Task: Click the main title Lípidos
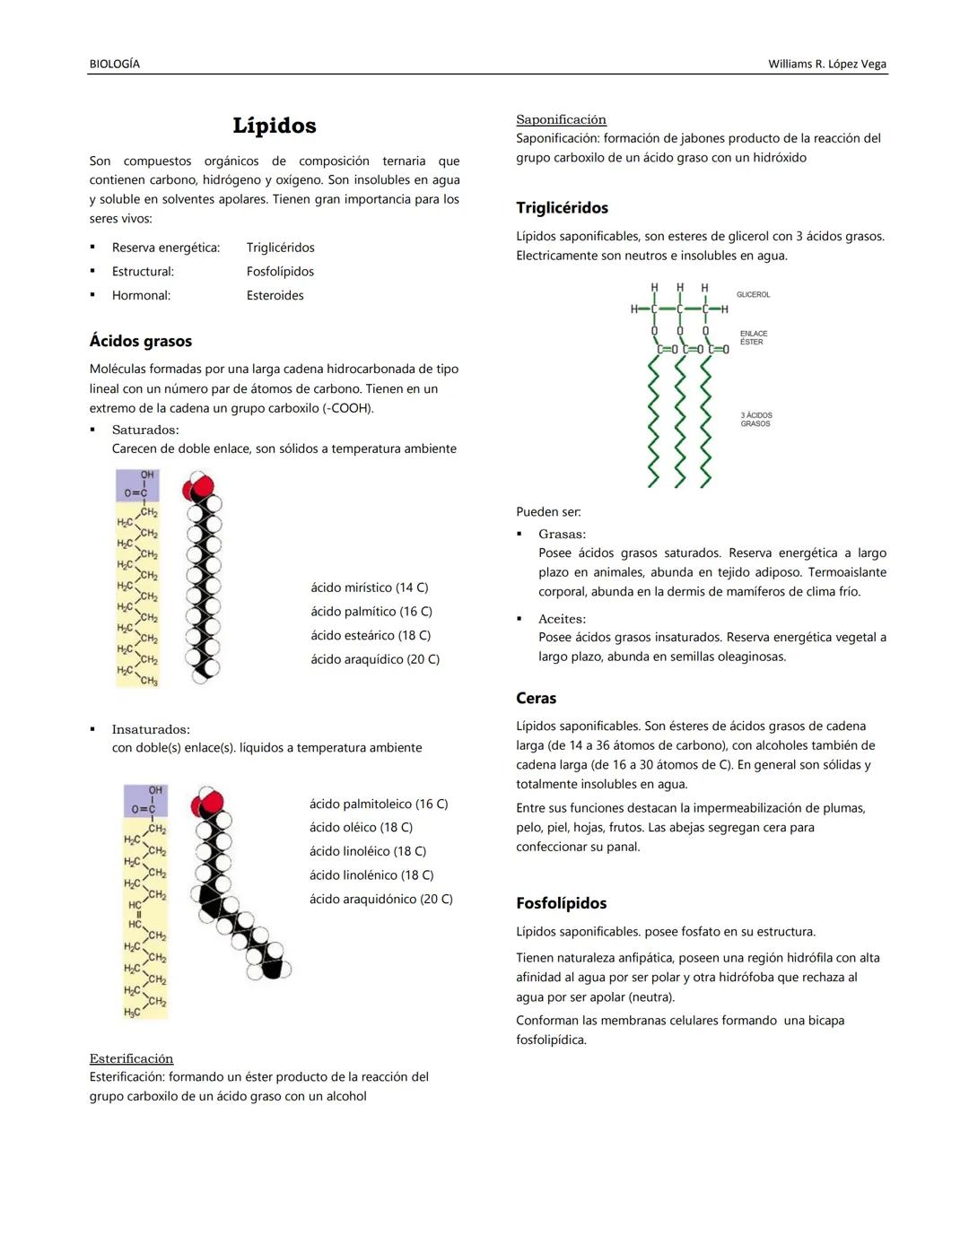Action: tap(275, 126)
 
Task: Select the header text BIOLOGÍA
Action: tap(115, 64)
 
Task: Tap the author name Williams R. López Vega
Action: tap(826, 64)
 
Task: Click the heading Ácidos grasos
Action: tap(141, 341)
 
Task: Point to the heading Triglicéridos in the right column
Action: tap(562, 208)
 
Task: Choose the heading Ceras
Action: tap(536, 698)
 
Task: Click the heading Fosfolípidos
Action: tap(561, 903)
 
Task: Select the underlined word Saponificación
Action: tap(561, 119)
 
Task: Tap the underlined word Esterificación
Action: tap(131, 1058)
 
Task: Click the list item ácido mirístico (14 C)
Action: tap(369, 587)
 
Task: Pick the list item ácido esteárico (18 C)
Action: tap(371, 635)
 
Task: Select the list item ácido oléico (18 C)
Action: tap(361, 827)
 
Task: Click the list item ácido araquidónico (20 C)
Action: tap(380, 899)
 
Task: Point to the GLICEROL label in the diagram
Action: tap(753, 294)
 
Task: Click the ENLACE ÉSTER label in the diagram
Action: tap(753, 337)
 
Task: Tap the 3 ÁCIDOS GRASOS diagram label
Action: tap(755, 419)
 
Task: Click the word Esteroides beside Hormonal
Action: tap(275, 295)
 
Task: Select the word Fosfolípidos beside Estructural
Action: tap(280, 271)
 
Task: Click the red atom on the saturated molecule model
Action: tap(198, 488)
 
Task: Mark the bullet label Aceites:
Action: tap(562, 619)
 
